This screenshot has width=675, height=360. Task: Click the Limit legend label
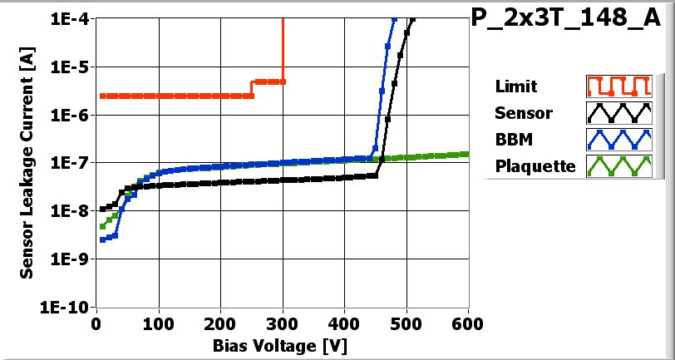515,86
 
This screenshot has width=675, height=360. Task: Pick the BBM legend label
512,140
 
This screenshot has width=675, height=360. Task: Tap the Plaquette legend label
535,166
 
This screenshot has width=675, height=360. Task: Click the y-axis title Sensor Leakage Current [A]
27,162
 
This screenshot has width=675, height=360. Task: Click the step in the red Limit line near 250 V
252,89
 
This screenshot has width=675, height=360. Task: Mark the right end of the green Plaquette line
468,154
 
